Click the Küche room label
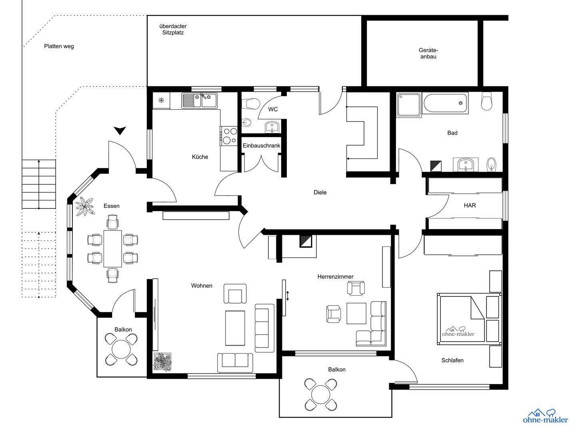200,157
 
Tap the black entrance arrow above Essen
120,130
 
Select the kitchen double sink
200,100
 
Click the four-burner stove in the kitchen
229,136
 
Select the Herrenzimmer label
335,276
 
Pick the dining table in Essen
113,248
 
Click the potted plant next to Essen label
84,206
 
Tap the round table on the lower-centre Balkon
321,394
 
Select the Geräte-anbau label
428,53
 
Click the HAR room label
470,205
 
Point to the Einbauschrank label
261,146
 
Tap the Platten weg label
59,46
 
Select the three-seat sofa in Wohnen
264,328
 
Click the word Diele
320,192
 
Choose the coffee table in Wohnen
235,328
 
